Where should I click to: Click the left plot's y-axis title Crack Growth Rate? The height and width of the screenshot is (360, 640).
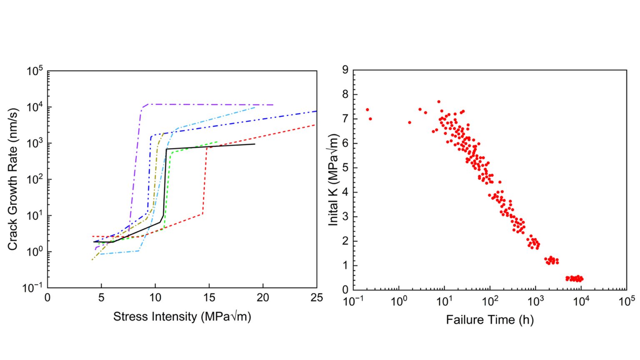[12, 180]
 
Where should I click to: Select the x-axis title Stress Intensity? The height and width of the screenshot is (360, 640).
[182, 317]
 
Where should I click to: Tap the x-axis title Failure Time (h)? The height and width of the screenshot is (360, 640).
[490, 320]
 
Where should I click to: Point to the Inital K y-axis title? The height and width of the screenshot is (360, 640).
[333, 180]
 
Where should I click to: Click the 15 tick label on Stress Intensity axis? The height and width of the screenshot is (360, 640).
[209, 297]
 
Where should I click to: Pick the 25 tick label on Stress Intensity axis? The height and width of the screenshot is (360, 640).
[317, 297]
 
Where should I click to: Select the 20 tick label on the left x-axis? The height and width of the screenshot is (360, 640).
[263, 297]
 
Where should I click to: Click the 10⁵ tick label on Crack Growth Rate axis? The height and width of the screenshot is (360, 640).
[35, 71]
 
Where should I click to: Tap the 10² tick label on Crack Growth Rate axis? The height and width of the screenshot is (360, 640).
[35, 180]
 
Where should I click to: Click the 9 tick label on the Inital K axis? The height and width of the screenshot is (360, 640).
[345, 70]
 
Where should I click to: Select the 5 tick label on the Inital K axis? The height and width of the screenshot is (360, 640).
[345, 168]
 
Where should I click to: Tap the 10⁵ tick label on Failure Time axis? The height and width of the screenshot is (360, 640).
[626, 301]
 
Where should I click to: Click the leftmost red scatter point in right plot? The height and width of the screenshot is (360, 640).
[367, 110]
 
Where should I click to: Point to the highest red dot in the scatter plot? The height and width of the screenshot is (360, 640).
[439, 102]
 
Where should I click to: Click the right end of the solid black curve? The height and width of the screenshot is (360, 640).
[255, 144]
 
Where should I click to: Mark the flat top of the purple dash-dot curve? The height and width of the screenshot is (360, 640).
[208, 104]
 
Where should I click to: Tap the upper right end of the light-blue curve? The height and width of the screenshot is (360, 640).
[255, 107]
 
